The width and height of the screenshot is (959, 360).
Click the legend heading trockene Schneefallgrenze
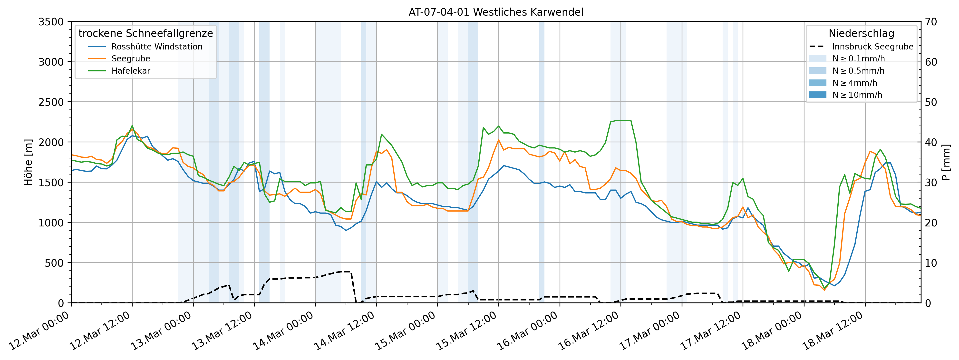(x=145, y=33)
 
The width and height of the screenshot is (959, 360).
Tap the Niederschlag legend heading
(x=861, y=33)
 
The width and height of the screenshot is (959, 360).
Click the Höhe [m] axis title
(x=28, y=162)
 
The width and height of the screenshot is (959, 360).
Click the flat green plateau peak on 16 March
(x=620, y=121)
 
